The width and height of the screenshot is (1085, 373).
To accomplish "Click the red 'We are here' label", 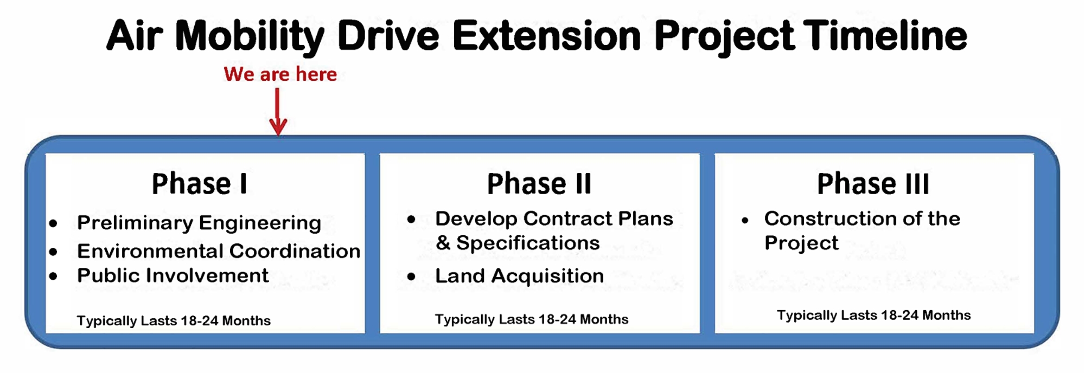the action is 280,74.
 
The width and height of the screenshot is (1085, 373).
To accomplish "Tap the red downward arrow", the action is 278,112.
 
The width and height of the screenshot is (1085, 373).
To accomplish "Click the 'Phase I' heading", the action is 200,183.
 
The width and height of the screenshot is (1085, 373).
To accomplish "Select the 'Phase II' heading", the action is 539,183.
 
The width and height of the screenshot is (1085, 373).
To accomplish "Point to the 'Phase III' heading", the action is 873,183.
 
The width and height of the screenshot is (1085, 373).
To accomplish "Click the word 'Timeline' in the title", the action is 885,36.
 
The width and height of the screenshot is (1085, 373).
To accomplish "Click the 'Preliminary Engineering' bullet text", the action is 199,223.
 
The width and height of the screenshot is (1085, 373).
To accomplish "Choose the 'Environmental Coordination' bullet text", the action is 219,251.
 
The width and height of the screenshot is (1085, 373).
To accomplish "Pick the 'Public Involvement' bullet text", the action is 173,275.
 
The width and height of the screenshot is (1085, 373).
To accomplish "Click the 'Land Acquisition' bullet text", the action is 519,276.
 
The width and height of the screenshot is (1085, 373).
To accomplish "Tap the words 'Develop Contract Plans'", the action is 554,218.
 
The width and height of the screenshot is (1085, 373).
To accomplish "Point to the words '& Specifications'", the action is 518,243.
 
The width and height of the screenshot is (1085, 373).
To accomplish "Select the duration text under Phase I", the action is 174,320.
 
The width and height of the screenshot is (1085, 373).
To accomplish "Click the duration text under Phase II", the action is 532,319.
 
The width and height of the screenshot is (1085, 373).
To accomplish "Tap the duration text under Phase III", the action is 873,315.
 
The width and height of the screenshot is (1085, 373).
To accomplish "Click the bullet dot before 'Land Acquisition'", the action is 411,276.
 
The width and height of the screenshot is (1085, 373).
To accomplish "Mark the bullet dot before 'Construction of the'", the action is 745,220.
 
